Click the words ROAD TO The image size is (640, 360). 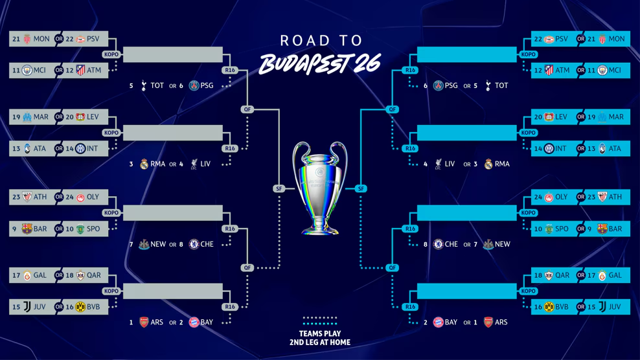click(319, 41)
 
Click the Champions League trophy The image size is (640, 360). click(319, 188)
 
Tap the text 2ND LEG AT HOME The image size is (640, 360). click(320, 342)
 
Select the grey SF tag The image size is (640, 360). click(279, 188)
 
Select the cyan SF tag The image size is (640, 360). click(361, 188)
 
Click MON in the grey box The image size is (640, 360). click(41, 39)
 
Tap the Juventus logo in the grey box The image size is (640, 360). click(27, 307)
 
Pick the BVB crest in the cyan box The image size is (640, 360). click(549, 307)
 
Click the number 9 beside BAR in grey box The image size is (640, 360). click(15, 229)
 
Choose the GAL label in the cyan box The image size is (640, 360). click(614, 275)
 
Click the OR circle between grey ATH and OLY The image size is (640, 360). click(59, 197)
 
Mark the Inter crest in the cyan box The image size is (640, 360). click(549, 148)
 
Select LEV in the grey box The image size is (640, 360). click(93, 117)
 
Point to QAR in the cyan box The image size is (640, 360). click(562, 275)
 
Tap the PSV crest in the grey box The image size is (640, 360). click(80, 39)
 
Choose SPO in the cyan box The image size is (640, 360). click(562, 229)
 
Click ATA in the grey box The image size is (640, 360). click(40, 148)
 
